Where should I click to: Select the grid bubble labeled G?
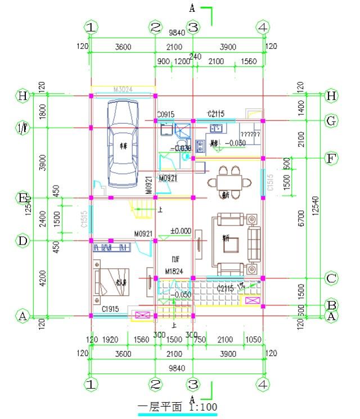pos(331,120)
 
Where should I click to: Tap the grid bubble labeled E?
pos(23,198)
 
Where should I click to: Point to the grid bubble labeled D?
pos(23,241)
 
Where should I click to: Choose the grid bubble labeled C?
pos(331,278)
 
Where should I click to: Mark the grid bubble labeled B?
pos(331,305)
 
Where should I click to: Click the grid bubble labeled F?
pos(331,158)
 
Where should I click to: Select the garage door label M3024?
pos(123,89)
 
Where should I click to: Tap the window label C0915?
pos(165,114)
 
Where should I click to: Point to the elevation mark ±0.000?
pos(180,231)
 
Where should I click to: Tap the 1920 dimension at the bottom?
pos(110,340)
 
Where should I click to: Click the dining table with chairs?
pos(229,181)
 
